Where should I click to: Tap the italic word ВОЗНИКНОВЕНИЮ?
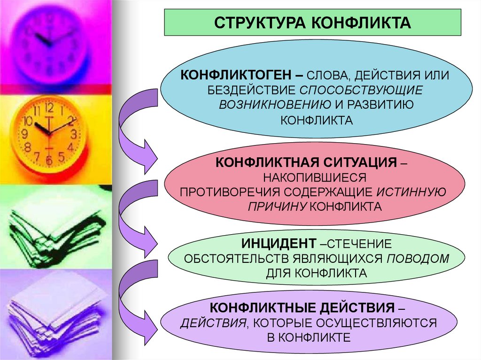coord(265,104)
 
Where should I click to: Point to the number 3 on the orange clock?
coord(73,134)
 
